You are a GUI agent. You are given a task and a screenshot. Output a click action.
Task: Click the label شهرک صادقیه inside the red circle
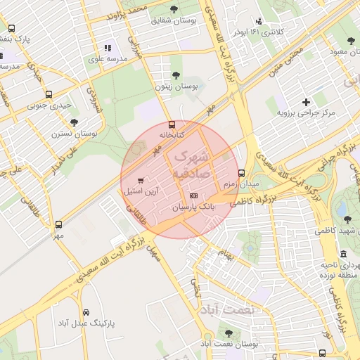pyautogui.click(x=189, y=161)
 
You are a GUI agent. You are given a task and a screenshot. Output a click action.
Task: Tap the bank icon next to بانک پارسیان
pyautogui.click(x=193, y=195)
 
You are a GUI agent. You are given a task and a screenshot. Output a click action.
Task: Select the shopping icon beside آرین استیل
pyautogui.click(x=145, y=180)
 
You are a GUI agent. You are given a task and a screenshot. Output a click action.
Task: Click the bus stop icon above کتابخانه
pyautogui.click(x=172, y=123)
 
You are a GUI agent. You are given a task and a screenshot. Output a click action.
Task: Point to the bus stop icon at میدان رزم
pyautogui.click(x=241, y=172)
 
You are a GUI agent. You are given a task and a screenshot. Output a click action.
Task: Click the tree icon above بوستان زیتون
pyautogui.click(x=175, y=75)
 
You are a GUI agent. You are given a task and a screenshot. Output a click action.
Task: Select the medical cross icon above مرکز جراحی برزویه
pyautogui.click(x=305, y=102)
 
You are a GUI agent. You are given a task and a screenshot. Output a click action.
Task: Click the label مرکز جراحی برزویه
pyautogui.click(x=306, y=112)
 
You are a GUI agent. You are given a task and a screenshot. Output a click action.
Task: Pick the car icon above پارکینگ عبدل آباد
pyautogui.click(x=85, y=312)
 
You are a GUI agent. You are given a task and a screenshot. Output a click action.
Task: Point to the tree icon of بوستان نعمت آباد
pyautogui.click(x=229, y=332)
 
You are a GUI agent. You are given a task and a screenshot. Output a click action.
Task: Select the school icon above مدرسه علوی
pyautogui.click(x=107, y=48)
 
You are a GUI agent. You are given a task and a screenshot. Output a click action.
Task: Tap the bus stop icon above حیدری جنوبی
pyautogui.click(x=49, y=95)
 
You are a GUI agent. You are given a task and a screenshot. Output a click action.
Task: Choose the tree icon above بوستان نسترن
pyautogui.click(x=74, y=122)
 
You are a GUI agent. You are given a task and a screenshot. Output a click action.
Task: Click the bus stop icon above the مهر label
pyautogui.click(x=58, y=225)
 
